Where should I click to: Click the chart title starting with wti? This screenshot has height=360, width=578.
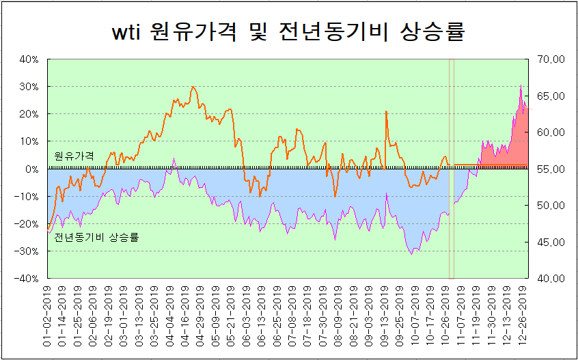pos(288,32)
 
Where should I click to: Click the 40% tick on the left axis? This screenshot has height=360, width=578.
pos(28,59)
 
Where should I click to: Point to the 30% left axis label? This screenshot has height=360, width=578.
pos(28,87)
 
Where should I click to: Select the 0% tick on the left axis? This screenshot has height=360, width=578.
pos(31,169)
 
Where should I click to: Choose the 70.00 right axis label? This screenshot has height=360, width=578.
pos(551,59)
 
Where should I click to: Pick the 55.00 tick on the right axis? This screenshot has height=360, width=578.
pos(551,169)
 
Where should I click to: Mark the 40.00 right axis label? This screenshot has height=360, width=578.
pos(551,278)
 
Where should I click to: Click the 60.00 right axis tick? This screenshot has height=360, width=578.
pos(551,133)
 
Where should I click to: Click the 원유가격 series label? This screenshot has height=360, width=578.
pos(74,156)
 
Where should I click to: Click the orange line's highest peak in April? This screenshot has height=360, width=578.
pos(193,87)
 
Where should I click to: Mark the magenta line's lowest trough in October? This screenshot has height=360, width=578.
pos(412,254)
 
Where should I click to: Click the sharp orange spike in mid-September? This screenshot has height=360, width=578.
pos(386,111)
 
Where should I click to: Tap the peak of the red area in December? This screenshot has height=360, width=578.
pos(521,85)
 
